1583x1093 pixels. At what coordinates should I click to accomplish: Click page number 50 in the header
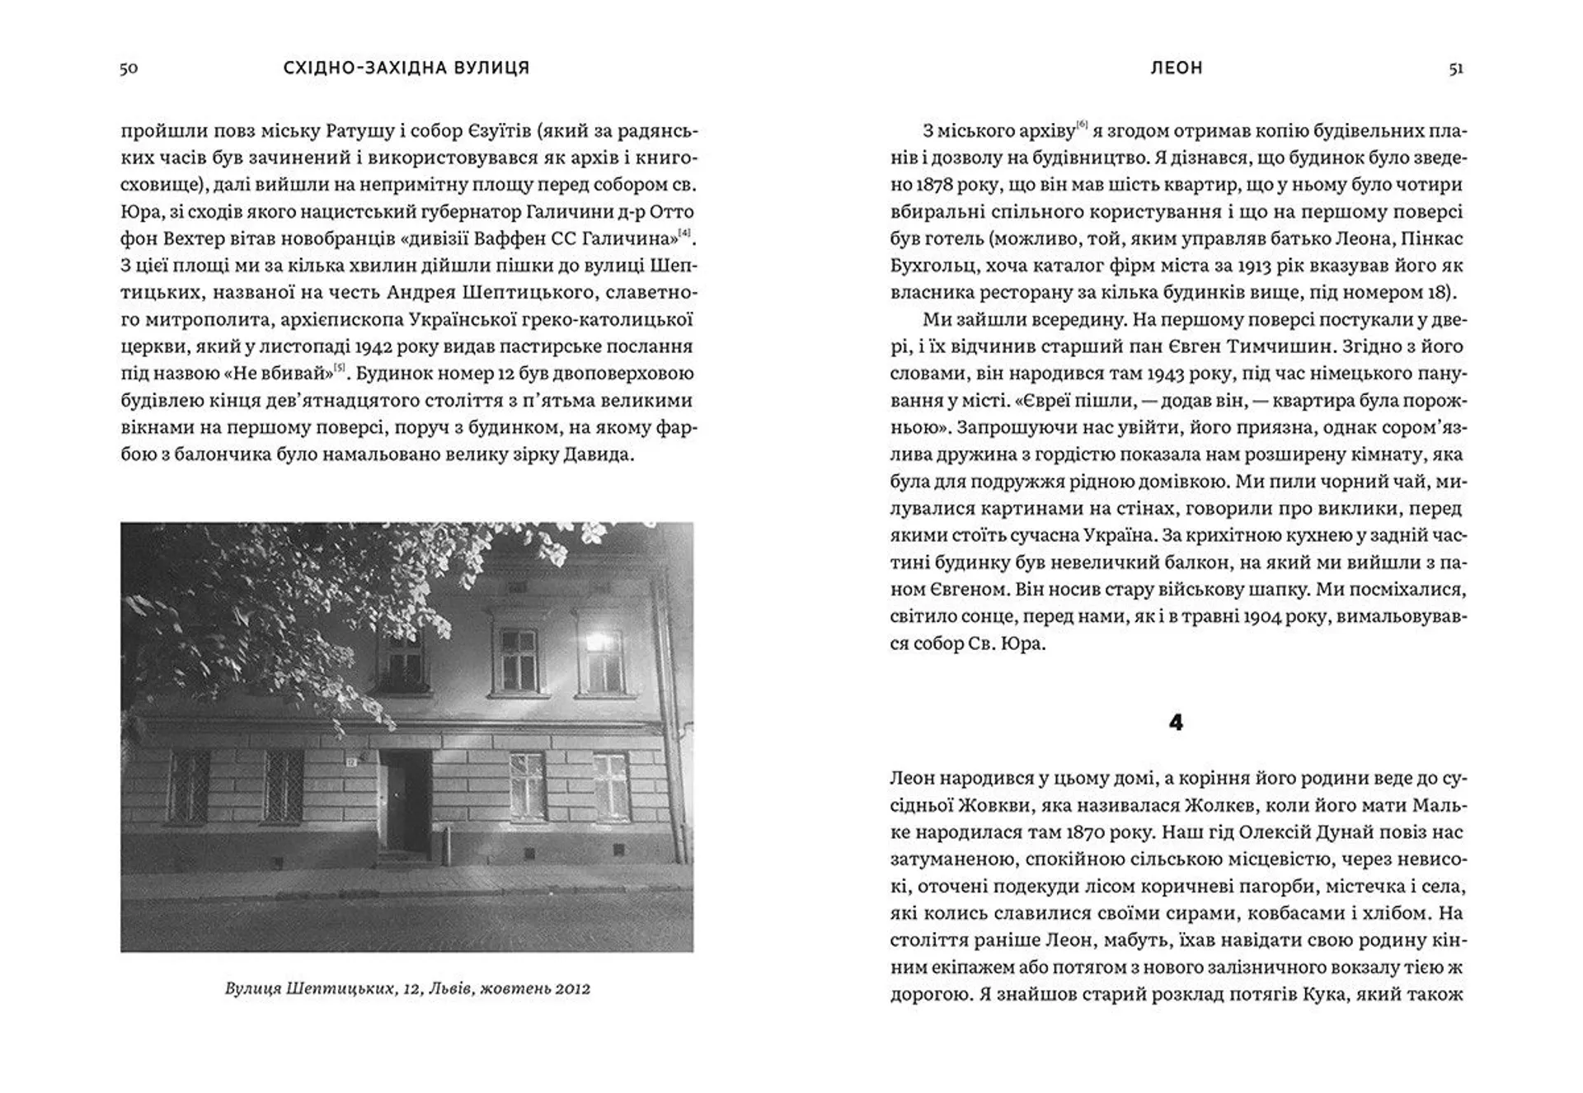[129, 68]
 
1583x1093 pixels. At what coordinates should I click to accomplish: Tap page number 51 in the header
[1456, 68]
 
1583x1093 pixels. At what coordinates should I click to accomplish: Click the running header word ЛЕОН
[1177, 68]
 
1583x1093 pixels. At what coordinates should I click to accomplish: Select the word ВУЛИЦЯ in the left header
[491, 68]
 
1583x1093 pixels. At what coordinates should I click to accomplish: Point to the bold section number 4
[1177, 723]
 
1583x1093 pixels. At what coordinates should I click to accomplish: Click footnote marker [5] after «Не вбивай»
[339, 367]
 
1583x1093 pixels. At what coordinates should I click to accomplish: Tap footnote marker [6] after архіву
[1082, 125]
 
